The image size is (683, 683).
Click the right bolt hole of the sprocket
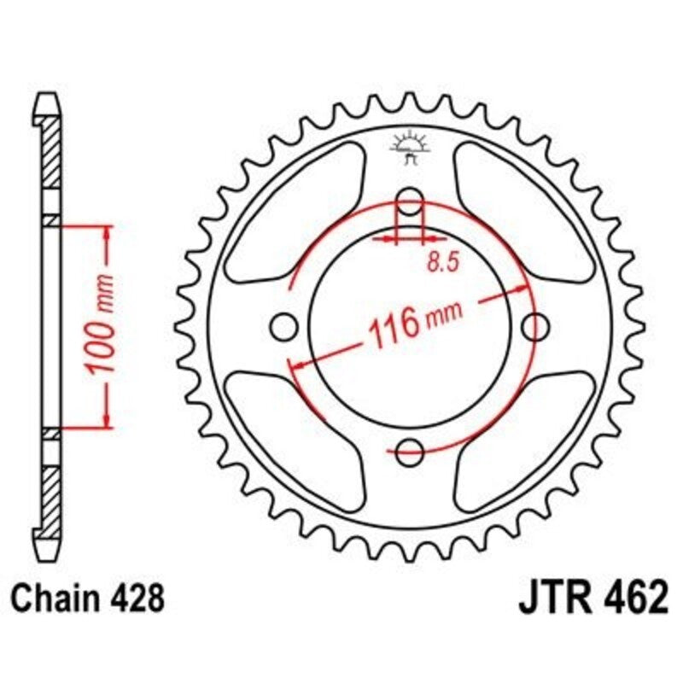(535, 324)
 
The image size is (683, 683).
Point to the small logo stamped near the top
(410, 147)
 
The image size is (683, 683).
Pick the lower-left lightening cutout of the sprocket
(290, 435)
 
